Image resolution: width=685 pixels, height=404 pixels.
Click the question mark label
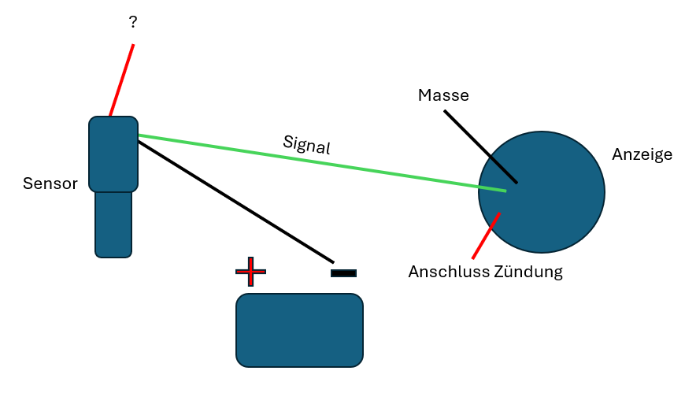132,23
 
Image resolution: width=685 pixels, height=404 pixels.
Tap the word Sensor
50,184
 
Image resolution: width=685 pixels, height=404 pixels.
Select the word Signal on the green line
306,143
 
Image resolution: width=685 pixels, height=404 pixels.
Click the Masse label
443,95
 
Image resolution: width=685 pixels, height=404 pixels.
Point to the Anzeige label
642,154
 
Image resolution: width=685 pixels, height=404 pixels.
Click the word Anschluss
448,272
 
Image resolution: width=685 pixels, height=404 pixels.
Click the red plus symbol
250,272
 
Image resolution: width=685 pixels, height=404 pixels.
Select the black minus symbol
343,273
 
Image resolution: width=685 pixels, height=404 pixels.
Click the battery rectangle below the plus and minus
299,330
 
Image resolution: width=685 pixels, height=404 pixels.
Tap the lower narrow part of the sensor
113,224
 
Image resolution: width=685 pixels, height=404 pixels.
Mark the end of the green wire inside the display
505,191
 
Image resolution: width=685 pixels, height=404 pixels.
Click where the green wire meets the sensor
139,135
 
